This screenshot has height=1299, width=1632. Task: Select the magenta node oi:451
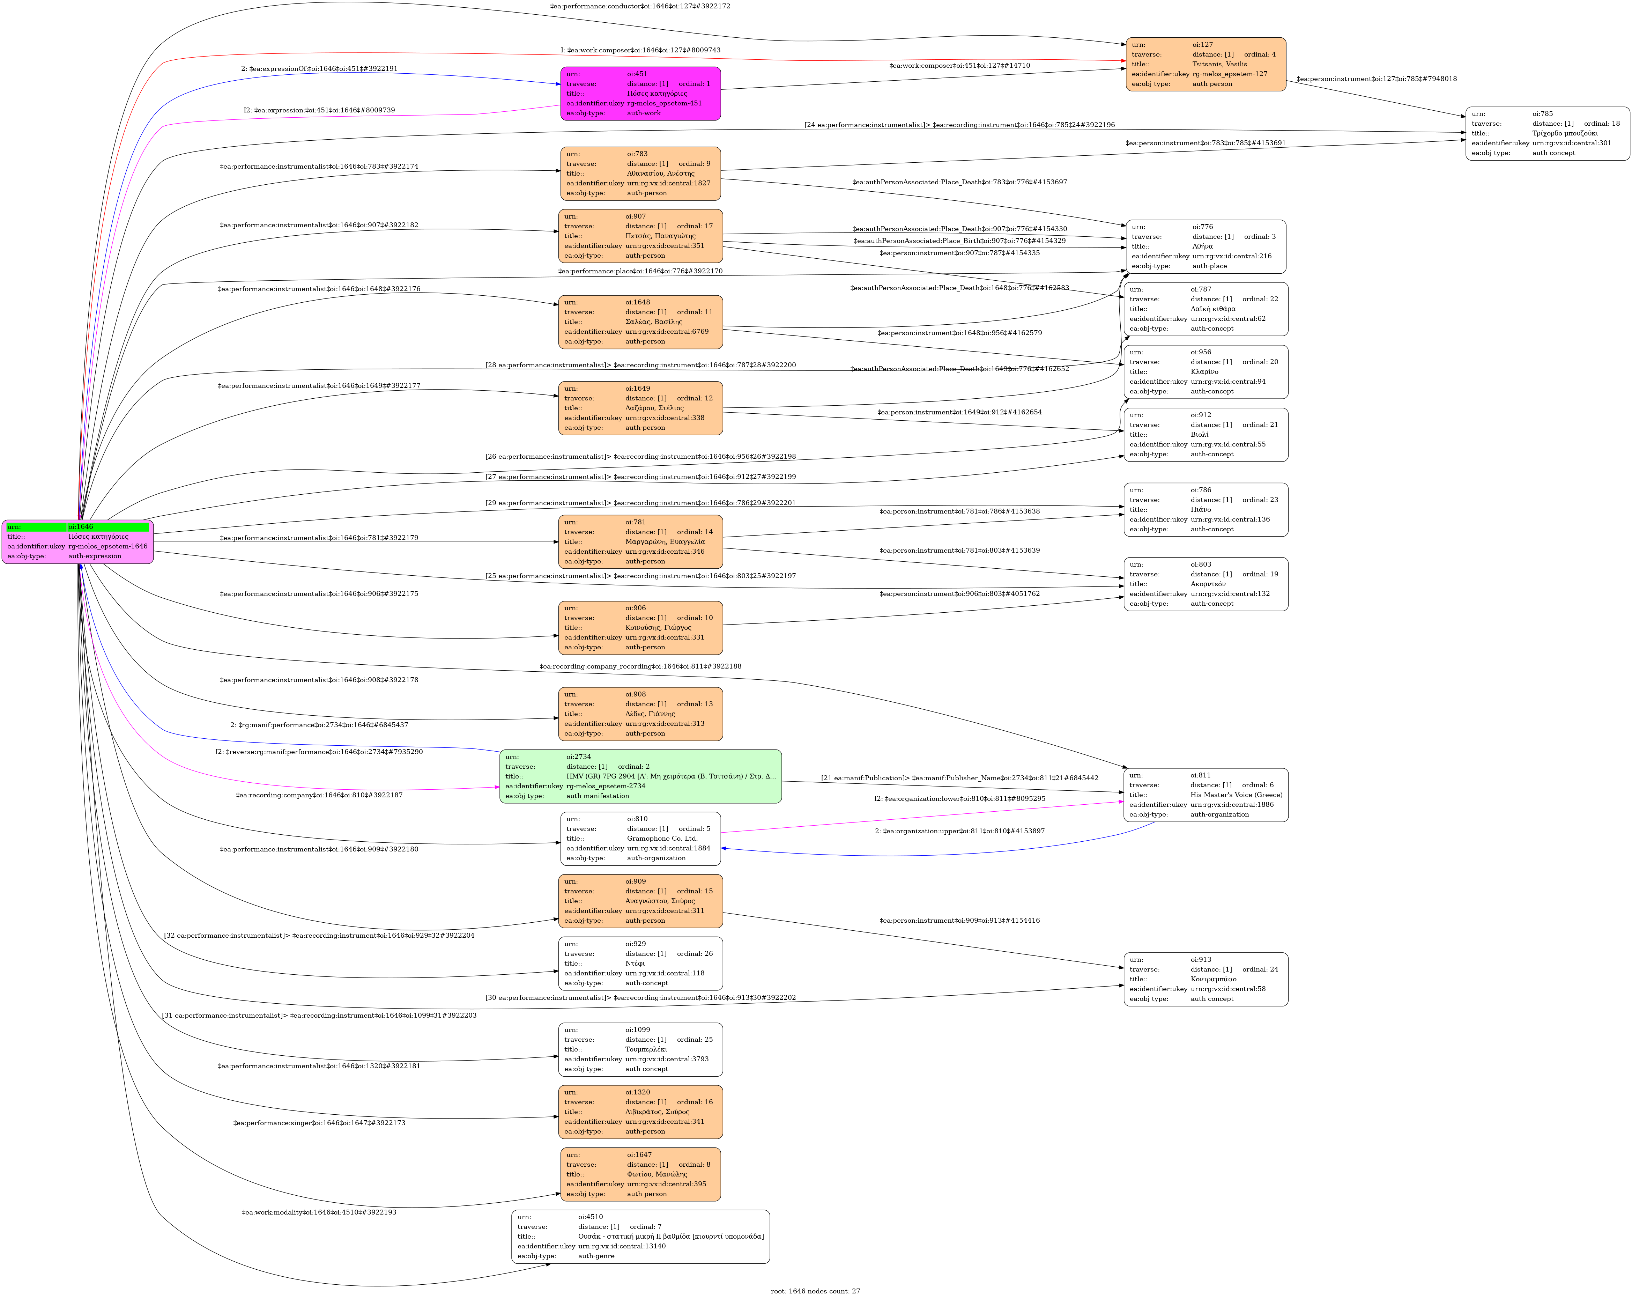(640, 93)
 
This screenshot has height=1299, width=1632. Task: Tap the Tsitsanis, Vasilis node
(1205, 64)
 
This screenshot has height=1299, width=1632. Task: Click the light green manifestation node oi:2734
(640, 776)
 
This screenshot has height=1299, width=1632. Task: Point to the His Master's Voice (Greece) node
(1205, 795)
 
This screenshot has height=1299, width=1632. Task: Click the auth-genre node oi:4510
(640, 1236)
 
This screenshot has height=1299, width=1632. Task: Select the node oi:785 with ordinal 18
(1547, 133)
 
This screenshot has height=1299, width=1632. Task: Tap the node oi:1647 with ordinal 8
(640, 1174)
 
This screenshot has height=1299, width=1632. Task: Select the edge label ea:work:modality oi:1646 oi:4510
(319, 1212)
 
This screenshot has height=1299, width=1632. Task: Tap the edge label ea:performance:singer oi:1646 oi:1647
(319, 1123)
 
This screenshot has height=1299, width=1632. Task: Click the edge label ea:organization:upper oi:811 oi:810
(959, 831)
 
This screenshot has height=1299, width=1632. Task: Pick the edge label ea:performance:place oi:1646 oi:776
(640, 271)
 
